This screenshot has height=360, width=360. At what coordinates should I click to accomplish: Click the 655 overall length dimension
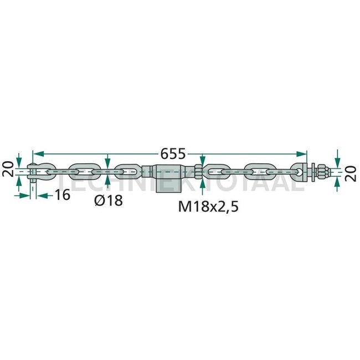173,153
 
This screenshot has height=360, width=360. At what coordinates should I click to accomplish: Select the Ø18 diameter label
109,200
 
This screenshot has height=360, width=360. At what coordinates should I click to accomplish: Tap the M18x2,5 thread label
208,207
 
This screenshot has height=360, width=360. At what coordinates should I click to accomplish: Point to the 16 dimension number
63,195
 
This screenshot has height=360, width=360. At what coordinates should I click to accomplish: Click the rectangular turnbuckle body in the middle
169,178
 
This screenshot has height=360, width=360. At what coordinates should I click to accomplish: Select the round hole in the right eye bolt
299,172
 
